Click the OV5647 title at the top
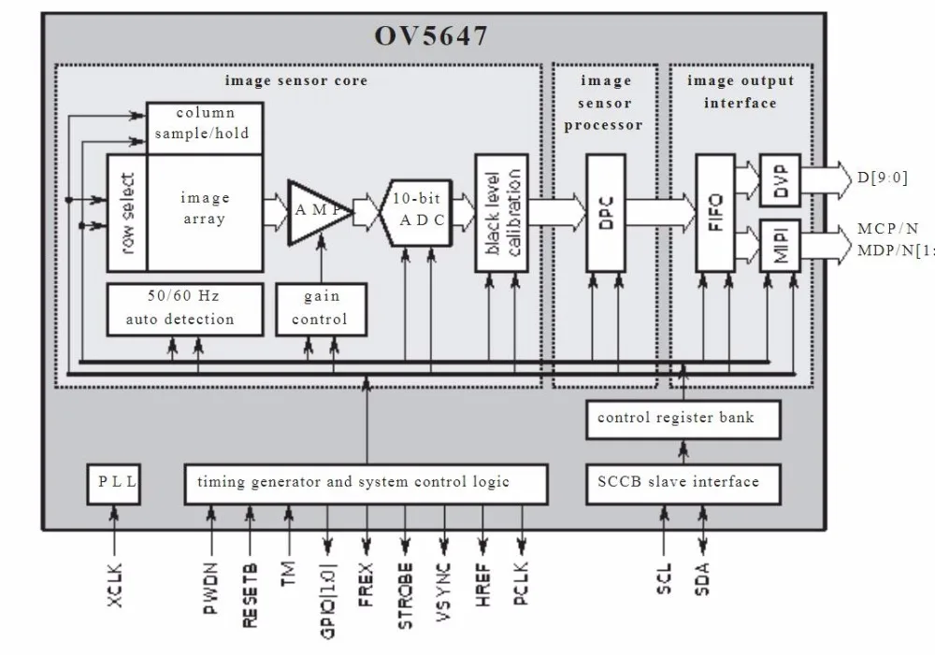click(431, 36)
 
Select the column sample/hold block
click(202, 123)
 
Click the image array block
click(204, 209)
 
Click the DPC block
click(605, 212)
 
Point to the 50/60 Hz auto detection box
click(180, 307)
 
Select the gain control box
click(321, 307)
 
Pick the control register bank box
click(675, 418)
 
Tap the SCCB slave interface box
click(678, 483)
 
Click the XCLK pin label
click(115, 585)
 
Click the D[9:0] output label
click(881, 178)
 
